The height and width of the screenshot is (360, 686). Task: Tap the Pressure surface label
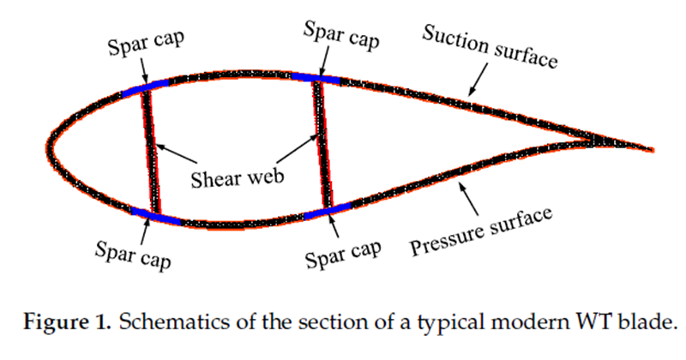coord(481,231)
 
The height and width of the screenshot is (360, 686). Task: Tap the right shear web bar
coord(323,144)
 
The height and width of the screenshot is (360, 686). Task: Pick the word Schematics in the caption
coord(162,324)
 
